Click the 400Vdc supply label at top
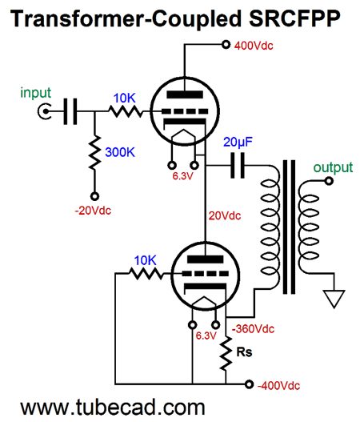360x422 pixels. click(254, 46)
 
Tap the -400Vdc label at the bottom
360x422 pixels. click(278, 385)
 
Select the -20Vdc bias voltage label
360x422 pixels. click(93, 210)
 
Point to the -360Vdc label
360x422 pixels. click(253, 328)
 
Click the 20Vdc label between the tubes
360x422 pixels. click(225, 215)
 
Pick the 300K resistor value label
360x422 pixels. click(120, 152)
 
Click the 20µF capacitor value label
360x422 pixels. click(238, 142)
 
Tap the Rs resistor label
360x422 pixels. click(244, 352)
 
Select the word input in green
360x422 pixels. click(35, 93)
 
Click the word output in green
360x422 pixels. click(333, 167)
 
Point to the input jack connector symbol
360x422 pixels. click(44, 111)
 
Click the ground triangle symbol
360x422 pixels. click(334, 299)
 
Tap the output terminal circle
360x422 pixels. click(329, 181)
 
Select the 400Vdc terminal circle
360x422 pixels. click(226, 44)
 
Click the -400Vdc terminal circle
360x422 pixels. click(249, 384)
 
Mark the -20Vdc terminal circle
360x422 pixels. click(94, 196)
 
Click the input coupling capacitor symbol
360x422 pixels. click(70, 111)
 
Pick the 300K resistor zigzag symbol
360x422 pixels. click(94, 152)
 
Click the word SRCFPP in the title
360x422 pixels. click(294, 19)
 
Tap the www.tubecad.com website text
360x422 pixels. click(113, 408)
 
